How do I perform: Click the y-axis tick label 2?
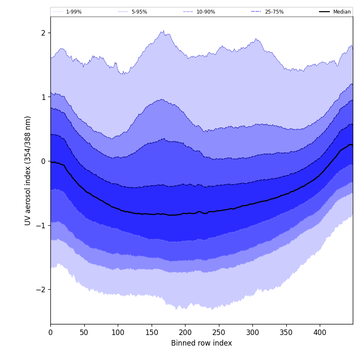(44, 33)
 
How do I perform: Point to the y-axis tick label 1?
(44, 97)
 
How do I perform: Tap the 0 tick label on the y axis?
(44, 161)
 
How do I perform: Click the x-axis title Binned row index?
(202, 343)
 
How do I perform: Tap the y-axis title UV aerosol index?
(28, 171)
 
